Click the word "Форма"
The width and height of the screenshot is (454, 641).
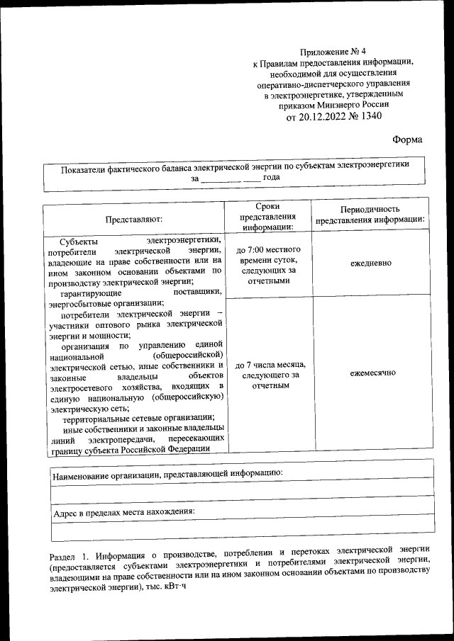coord(407,140)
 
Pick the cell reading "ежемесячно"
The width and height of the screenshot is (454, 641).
coord(370,373)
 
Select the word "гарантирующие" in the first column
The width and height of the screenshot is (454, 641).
coord(92,292)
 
